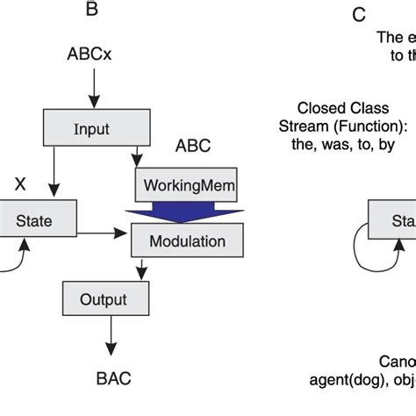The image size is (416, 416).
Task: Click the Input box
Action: click(91, 129)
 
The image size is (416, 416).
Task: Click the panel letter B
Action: click(91, 11)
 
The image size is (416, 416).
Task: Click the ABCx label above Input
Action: click(90, 54)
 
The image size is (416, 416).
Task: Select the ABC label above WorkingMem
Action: click(193, 145)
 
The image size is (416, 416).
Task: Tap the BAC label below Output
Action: click(112, 378)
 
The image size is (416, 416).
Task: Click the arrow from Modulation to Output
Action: click(137, 269)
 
